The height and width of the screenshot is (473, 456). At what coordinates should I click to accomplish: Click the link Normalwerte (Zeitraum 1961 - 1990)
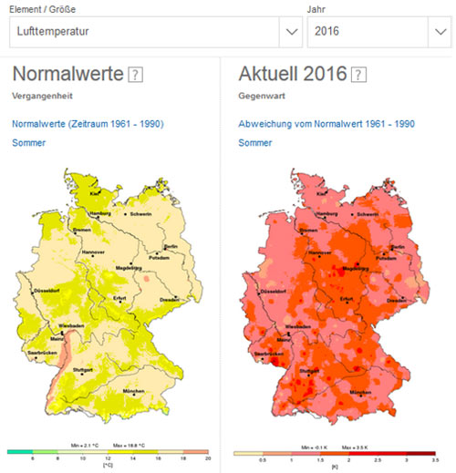(x=88, y=123)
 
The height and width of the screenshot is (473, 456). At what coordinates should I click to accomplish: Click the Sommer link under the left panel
(x=27, y=143)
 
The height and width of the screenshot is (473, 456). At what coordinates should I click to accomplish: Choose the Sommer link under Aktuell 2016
(x=254, y=143)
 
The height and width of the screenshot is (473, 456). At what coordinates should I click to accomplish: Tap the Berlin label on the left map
(x=171, y=247)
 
